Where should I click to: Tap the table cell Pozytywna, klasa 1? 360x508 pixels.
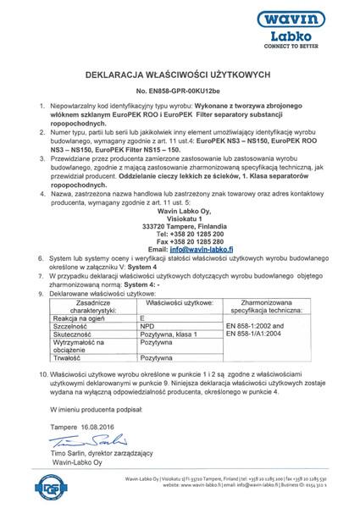click(169, 311)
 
